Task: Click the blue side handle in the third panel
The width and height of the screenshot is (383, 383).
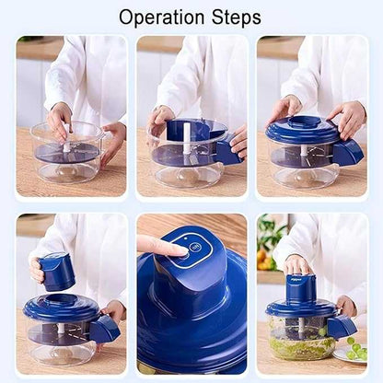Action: pos(348,152)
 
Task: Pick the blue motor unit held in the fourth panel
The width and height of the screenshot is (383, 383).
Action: pos(58,271)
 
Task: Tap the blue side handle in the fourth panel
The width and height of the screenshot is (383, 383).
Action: pos(105,328)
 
